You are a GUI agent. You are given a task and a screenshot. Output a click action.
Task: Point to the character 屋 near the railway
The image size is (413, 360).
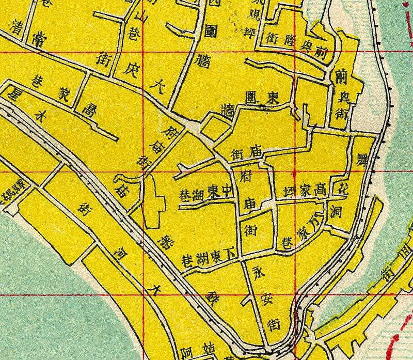[x=11, y=93]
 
